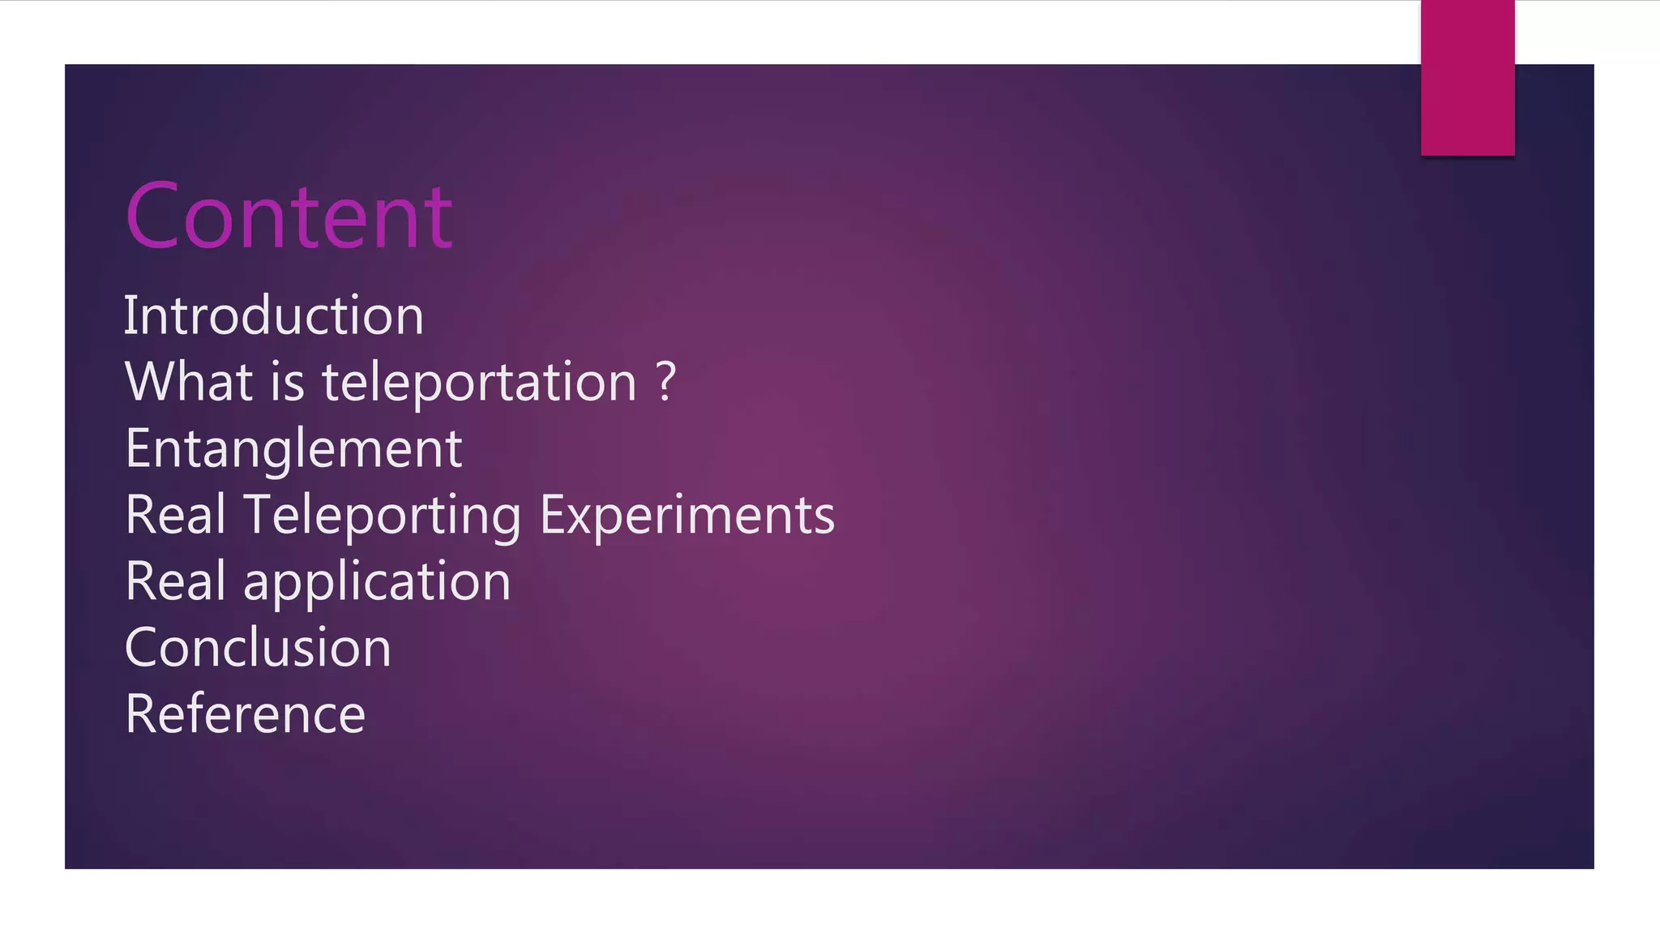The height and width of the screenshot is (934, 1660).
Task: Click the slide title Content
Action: [289, 216]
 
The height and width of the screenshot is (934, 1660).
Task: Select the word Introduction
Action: [273, 315]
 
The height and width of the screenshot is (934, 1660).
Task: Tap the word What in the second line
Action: [189, 381]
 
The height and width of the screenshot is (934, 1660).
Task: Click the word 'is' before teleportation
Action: [287, 381]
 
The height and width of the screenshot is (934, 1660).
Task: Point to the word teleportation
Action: [479, 383]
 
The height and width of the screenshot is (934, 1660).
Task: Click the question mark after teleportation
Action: [665, 381]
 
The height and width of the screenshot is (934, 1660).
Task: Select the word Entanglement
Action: [293, 448]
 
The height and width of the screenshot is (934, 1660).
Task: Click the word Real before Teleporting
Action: [175, 515]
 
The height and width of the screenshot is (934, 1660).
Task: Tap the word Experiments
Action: [687, 516]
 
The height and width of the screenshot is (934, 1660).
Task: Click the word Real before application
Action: [175, 581]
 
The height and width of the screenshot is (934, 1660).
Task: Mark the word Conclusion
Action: [258, 648]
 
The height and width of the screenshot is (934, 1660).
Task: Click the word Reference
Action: [245, 714]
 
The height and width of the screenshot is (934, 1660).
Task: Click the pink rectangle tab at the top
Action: [1467, 78]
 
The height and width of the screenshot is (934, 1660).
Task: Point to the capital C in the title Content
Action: [152, 216]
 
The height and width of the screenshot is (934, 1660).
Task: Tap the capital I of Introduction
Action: [128, 315]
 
